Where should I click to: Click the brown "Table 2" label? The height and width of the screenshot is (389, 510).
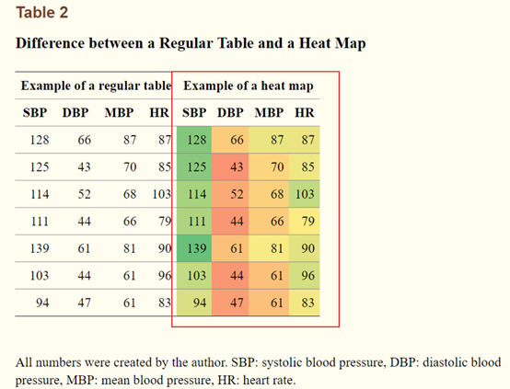pyautogui.click(x=42, y=13)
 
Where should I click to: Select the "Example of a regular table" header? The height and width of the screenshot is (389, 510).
pyautogui.click(x=96, y=86)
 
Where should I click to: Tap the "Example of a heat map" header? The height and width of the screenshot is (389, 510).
pyautogui.click(x=249, y=86)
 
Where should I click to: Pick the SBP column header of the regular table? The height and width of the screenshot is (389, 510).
pyautogui.click(x=35, y=113)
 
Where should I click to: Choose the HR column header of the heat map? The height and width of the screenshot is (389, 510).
pyautogui.click(x=305, y=113)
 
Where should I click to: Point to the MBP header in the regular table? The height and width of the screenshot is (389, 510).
pyautogui.click(x=119, y=113)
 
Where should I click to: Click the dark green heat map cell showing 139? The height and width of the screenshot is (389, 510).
pyautogui.click(x=194, y=248)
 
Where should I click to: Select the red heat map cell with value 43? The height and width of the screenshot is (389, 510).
pyautogui.click(x=230, y=167)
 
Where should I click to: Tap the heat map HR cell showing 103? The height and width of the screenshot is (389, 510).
pyautogui.click(x=304, y=194)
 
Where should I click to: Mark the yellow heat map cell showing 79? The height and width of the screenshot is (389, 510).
pyautogui.click(x=304, y=222)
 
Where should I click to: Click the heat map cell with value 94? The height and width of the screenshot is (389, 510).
pyautogui.click(x=194, y=303)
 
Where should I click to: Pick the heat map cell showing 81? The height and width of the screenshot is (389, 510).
pyautogui.click(x=269, y=248)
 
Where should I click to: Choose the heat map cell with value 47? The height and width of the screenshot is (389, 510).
pyautogui.click(x=230, y=303)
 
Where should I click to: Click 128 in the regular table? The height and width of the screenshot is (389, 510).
pyautogui.click(x=40, y=140)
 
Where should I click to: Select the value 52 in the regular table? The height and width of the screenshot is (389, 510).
pyautogui.click(x=85, y=194)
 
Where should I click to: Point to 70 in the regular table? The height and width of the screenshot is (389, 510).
pyautogui.click(x=130, y=167)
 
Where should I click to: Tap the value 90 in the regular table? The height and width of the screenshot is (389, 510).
pyautogui.click(x=165, y=248)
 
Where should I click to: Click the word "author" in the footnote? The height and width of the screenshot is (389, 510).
pyautogui.click(x=210, y=362)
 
